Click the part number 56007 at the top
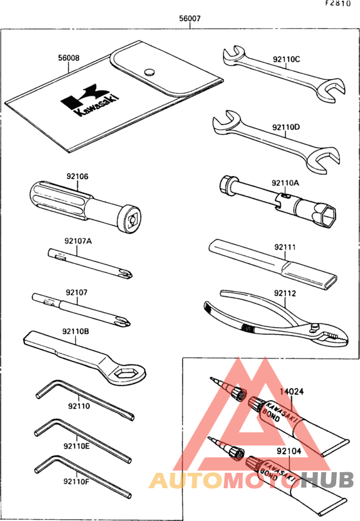click(x=190, y=19)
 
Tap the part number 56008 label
click(x=69, y=57)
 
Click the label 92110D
click(x=286, y=127)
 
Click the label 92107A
click(x=78, y=241)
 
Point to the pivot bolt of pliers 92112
click(x=314, y=328)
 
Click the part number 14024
click(x=291, y=389)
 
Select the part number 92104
click(x=290, y=452)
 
